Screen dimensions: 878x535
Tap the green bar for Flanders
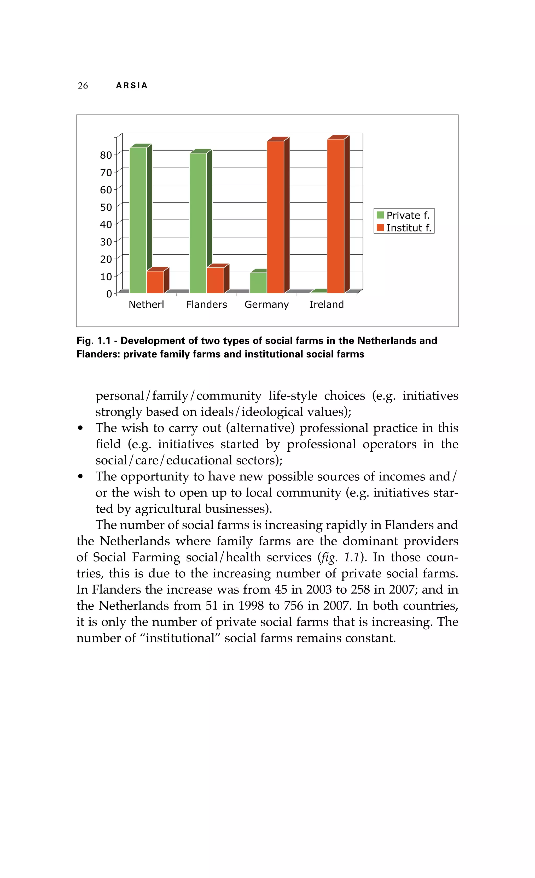198,223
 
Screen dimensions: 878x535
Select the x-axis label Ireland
326,305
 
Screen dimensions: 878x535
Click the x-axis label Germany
266,305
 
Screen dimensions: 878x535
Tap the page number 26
83,86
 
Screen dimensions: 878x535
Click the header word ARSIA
132,86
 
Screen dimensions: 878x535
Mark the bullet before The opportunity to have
81,476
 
